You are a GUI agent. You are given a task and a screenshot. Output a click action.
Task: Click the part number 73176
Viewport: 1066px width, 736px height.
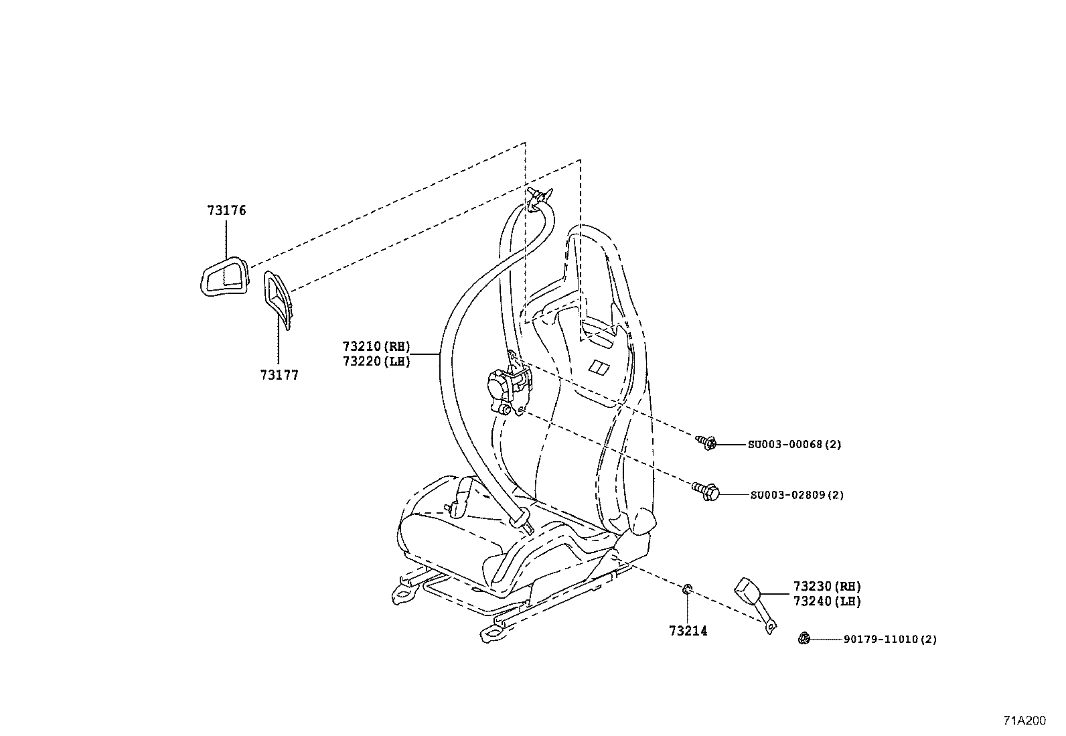(226, 210)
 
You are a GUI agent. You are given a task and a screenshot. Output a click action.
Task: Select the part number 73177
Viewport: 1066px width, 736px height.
(279, 375)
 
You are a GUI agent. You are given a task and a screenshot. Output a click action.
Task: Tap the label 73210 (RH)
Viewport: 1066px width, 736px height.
(376, 347)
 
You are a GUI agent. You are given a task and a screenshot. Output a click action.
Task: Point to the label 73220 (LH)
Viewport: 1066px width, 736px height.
(376, 362)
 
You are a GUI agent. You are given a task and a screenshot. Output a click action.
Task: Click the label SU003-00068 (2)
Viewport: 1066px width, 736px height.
(794, 444)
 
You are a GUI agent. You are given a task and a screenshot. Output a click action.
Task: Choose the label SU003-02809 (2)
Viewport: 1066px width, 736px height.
(796, 496)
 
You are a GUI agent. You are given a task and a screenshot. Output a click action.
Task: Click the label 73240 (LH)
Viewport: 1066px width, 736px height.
(827, 601)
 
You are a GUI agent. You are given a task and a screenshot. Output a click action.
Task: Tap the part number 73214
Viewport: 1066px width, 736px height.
(688, 631)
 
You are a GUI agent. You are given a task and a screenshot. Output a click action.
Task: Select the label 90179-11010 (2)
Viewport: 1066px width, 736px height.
(890, 640)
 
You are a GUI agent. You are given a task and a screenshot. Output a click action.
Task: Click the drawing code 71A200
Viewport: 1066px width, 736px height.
(1023, 721)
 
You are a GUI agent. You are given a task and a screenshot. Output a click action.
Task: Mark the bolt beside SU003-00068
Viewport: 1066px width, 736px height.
(707, 443)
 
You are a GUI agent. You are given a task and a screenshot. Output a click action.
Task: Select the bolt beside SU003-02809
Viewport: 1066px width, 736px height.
(706, 492)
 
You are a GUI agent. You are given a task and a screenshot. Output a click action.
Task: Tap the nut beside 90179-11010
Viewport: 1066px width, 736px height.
(804, 639)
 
